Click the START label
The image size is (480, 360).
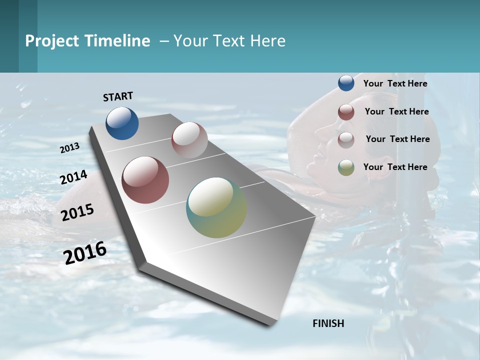coord(118,96)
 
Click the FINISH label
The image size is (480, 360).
coord(328,323)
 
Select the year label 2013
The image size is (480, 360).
coord(70,147)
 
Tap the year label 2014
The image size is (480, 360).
coord(74,177)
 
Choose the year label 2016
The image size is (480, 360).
coord(85,252)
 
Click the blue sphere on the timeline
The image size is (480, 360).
coord(122,123)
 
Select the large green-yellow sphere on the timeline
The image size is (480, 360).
coord(216,207)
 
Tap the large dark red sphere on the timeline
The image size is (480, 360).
coord(145,180)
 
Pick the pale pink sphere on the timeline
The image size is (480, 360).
coord(189,140)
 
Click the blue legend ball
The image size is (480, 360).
coord(346,83)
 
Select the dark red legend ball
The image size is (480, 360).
coord(346,112)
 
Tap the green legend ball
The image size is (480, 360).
coord(346,167)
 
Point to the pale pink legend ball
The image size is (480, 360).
coord(346,140)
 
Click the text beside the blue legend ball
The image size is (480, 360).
coord(395,83)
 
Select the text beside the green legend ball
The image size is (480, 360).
coord(395,167)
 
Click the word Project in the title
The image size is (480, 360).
coord(52,41)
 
